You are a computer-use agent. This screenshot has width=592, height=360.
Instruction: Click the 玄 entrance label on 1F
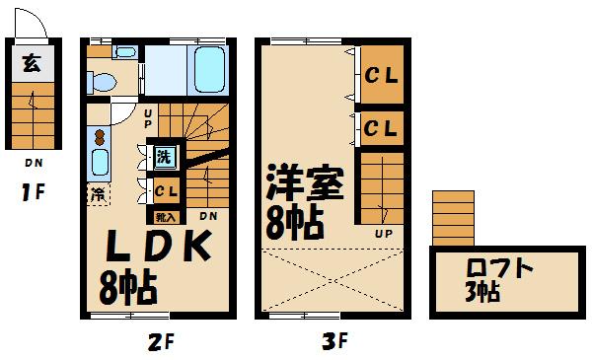click(x=32, y=63)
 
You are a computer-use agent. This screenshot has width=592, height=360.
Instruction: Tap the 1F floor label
click(x=33, y=193)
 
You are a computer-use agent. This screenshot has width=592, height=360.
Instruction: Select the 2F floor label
click(x=161, y=342)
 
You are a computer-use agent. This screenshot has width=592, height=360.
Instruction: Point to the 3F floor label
click(x=334, y=341)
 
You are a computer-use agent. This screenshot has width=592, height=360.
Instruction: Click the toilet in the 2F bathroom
click(x=102, y=82)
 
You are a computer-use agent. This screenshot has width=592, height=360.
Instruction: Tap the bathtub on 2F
click(x=209, y=69)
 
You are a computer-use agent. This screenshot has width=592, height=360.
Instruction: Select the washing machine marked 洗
click(x=164, y=156)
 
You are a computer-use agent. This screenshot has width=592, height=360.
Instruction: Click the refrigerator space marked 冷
click(x=99, y=194)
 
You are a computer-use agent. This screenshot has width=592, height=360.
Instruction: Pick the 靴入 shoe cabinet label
click(x=166, y=217)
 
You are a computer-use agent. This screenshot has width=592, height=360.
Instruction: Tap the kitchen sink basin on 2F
click(x=100, y=163)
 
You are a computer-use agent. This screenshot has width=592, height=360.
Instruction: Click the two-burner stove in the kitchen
click(x=100, y=137)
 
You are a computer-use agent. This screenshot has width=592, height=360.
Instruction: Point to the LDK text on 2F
click(x=158, y=246)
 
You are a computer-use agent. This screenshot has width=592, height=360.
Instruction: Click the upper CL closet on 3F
click(x=381, y=75)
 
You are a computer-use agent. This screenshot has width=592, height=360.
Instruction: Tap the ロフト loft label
click(x=499, y=267)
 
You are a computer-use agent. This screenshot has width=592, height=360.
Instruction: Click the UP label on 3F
click(x=384, y=234)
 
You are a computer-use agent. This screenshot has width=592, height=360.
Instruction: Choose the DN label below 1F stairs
click(x=34, y=163)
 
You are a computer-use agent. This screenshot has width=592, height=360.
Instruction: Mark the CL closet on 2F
click(x=166, y=191)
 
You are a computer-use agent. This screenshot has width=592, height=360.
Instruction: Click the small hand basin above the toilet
click(x=125, y=51)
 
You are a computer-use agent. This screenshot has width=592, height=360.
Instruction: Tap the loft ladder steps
click(x=453, y=218)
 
